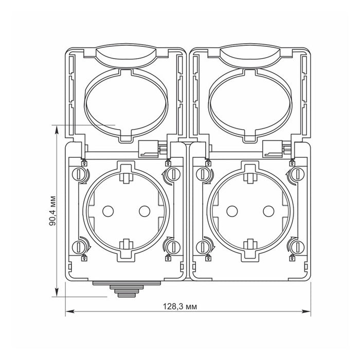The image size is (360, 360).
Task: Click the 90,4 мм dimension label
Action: click(52, 211)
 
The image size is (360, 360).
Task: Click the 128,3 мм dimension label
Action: click(180, 307)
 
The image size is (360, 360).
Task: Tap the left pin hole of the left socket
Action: click(108, 211)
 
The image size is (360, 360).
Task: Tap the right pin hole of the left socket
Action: click(145, 211)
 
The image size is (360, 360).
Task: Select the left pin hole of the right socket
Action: click(232, 211)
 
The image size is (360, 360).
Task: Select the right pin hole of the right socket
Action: click(268, 211)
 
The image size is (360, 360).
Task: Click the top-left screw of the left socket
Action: click(79, 174)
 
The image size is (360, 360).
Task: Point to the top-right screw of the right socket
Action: click(297, 174)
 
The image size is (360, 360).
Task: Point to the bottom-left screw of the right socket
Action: click(203, 247)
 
